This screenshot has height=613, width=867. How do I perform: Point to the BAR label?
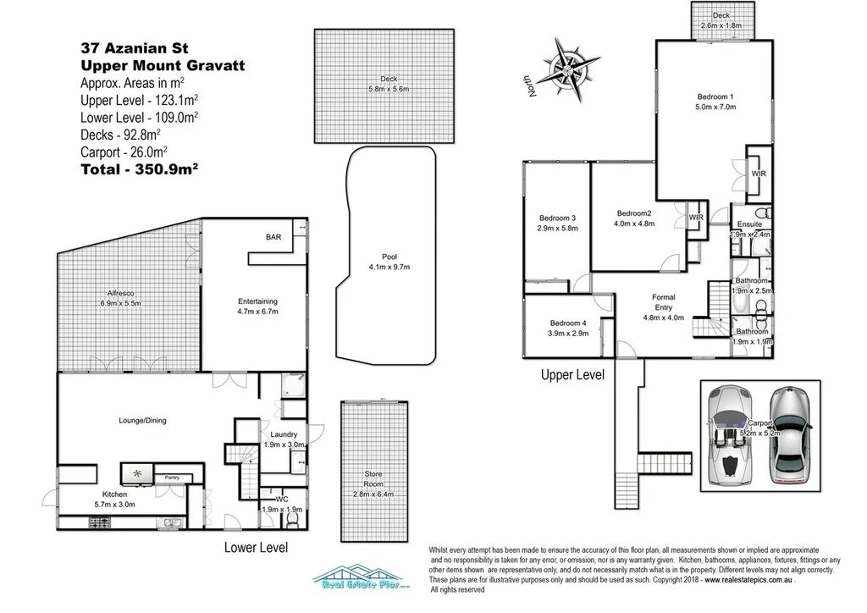(273, 237)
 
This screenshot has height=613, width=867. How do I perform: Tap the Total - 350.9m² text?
(139, 168)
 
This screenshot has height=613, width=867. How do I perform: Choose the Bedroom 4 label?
(566, 323)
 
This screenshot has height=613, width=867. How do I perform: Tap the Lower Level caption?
(255, 548)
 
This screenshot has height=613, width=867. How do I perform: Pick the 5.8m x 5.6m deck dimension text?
(389, 89)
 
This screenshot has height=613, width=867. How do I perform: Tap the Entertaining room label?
(257, 301)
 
